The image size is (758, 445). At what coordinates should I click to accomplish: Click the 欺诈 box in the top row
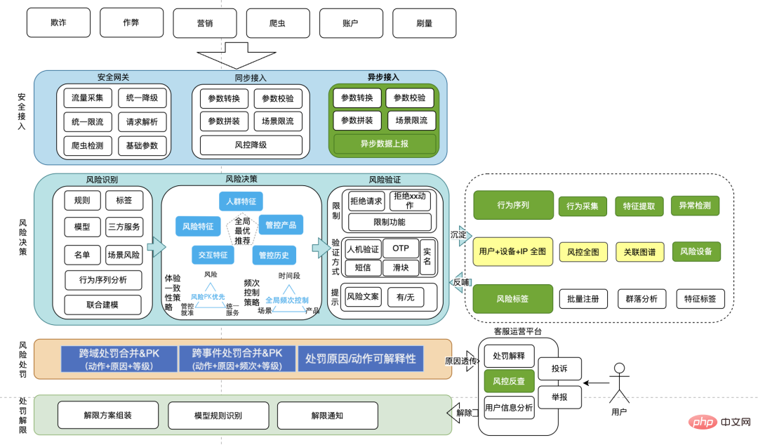58,22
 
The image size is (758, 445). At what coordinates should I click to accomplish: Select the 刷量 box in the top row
424,22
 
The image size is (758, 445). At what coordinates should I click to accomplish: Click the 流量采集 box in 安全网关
87,98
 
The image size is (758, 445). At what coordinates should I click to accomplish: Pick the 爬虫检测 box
87,146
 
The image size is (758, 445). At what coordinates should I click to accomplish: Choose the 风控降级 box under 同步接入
251,145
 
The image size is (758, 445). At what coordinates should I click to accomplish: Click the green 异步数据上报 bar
384,144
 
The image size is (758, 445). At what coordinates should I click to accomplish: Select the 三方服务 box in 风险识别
124,227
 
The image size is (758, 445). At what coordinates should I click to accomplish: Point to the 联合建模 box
102,305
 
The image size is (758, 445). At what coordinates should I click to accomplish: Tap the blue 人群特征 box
241,201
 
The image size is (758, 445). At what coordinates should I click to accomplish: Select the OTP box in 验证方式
400,248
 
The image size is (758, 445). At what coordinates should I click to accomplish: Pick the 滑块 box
400,267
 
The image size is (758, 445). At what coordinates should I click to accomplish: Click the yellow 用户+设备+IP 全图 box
512,251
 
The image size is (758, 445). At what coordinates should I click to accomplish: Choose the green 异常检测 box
695,206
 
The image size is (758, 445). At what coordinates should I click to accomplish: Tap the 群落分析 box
641,299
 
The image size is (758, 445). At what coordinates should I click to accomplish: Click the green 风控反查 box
509,381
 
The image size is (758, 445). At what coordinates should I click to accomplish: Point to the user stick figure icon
619,382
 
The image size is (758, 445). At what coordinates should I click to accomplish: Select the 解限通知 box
327,416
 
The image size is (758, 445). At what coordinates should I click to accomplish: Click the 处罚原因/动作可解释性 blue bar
360,359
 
